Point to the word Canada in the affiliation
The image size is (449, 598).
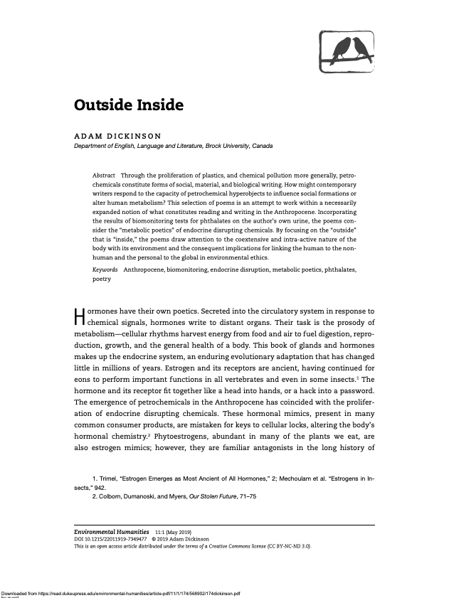pyautogui.click(x=263, y=146)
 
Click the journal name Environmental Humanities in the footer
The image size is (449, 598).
pyautogui.click(x=112, y=532)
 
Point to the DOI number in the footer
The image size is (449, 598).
pyautogui.click(x=116, y=539)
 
